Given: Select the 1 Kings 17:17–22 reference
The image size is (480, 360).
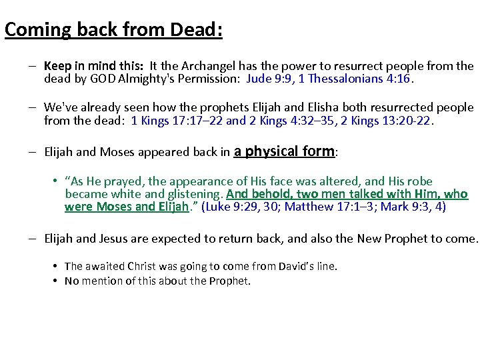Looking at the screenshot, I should (177, 121).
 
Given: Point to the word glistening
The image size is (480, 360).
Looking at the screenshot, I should (193, 194).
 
